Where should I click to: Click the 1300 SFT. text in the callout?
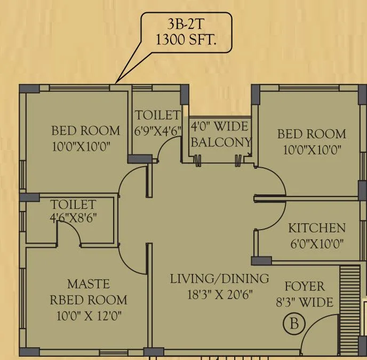tap(186, 40)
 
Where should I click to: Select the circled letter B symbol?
tap(293, 323)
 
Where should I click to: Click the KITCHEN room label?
tap(316, 228)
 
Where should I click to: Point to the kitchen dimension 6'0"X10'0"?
tap(316, 244)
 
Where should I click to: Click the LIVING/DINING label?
tap(219, 278)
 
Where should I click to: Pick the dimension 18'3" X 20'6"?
tap(219, 294)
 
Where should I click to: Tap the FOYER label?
tap(305, 286)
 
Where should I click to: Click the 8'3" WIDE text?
tap(305, 302)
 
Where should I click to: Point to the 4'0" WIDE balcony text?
tap(219, 127)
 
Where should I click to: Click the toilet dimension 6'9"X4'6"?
tap(158, 129)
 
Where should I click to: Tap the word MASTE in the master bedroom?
tap(89, 283)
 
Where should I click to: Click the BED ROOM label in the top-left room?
tap(85, 130)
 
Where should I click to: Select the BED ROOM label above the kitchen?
tap(312, 134)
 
